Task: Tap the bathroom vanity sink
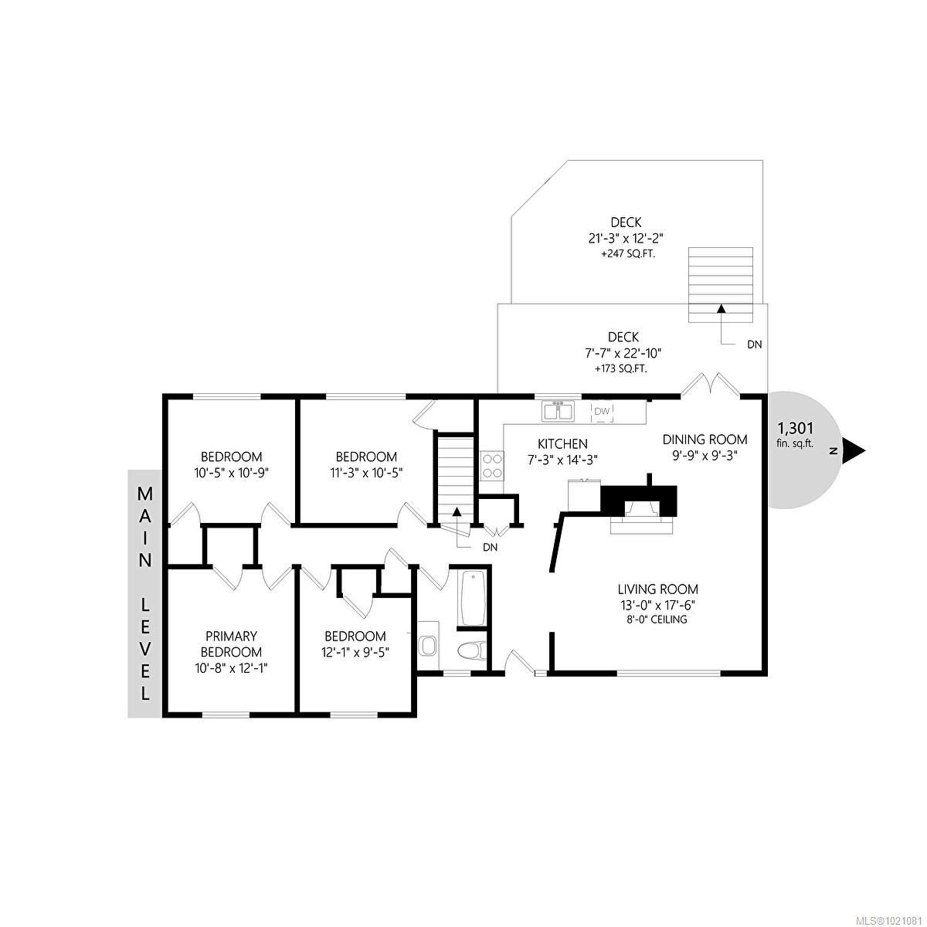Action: point(428,643)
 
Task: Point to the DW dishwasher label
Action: point(602,411)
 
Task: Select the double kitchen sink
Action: point(557,411)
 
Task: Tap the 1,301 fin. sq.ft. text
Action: point(795,434)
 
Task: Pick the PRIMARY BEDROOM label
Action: point(231,643)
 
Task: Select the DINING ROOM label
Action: point(705,440)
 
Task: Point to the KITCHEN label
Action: point(562,443)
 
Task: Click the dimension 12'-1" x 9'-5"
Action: point(355,650)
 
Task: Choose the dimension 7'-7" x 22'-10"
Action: point(623,352)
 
